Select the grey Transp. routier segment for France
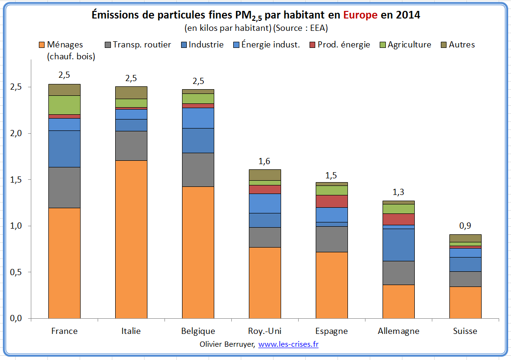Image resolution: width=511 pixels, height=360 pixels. pos(64,187)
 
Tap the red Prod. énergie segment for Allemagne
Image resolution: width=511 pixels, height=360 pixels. pos(398,219)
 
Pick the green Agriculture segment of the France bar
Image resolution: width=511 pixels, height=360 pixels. pos(64,105)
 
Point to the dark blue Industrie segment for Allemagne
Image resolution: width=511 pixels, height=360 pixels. pos(398,245)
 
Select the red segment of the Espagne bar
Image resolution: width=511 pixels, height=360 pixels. pos(331,201)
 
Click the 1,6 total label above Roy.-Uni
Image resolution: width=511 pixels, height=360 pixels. pos(265,161)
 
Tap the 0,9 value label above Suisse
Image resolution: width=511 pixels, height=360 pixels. pos(465,226)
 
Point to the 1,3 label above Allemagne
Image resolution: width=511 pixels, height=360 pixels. pos(398,193)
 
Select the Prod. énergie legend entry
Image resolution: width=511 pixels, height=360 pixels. pos(339,45)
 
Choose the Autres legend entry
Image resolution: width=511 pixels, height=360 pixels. pos(461,45)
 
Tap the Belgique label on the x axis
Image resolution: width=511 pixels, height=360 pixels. pos(198,331)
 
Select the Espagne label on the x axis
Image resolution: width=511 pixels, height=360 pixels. pos(331,331)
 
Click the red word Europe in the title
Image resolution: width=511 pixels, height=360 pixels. pos(360,15)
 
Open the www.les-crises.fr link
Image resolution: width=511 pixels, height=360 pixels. pos(288,344)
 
